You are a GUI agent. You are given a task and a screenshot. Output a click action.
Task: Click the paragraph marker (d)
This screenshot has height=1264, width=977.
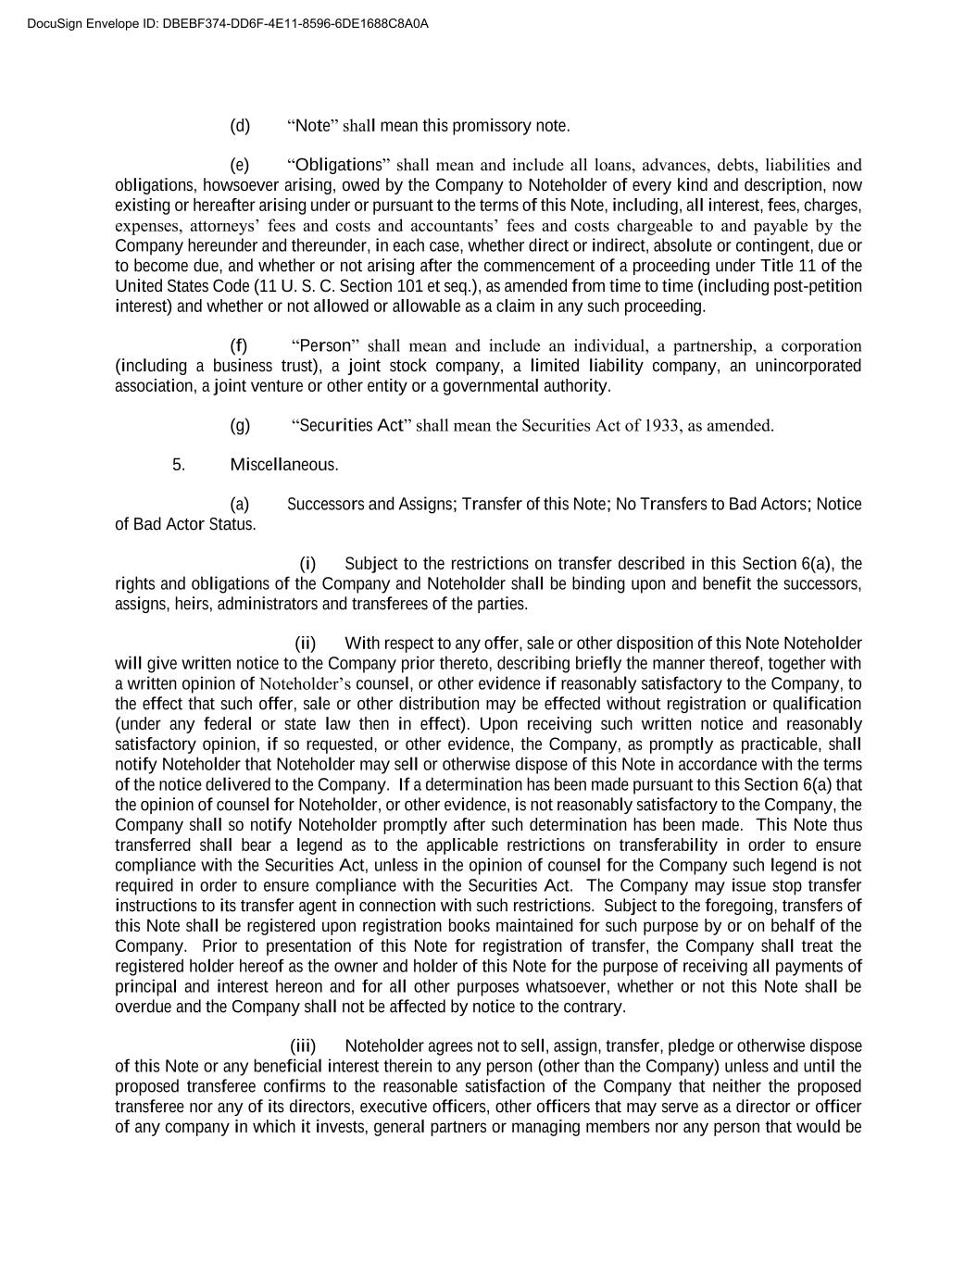(240, 126)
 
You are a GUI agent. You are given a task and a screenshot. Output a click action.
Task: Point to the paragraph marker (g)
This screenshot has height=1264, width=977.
(240, 426)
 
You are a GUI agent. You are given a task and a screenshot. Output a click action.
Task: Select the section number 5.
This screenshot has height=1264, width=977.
(179, 465)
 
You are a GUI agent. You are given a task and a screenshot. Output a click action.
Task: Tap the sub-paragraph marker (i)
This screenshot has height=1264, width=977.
(307, 564)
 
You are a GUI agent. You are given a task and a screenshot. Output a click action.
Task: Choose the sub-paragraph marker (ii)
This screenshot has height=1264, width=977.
(306, 644)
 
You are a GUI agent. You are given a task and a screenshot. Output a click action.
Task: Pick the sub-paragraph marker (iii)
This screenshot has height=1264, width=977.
(303, 1046)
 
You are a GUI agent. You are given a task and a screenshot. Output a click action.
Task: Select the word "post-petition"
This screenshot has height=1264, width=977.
(817, 286)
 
